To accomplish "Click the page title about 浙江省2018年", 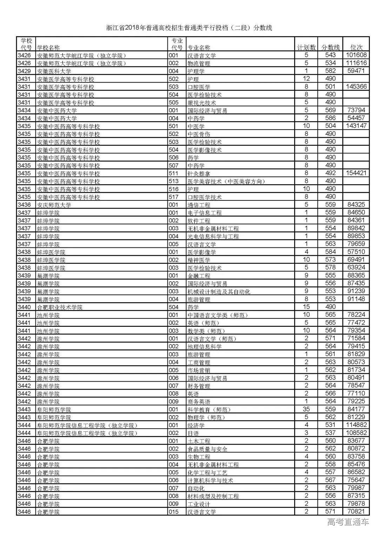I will (x=189, y=28).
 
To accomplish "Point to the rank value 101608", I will (x=356, y=55).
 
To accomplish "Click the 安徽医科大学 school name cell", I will (x=54, y=71).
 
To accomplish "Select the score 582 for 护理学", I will (x=330, y=71).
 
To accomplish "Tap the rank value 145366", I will (x=356, y=87).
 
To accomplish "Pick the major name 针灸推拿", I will (x=199, y=173).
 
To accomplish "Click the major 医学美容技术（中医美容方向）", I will (x=226, y=181).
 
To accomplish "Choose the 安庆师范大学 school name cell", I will (x=54, y=205).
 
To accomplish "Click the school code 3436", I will (x=24, y=205).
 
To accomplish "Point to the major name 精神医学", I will (x=199, y=260).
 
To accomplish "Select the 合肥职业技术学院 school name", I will (x=60, y=307).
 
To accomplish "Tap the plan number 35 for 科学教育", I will (x=306, y=409).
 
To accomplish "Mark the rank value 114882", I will (x=356, y=425).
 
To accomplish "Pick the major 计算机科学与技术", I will (x=210, y=480).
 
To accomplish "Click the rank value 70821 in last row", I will (x=356, y=511).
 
